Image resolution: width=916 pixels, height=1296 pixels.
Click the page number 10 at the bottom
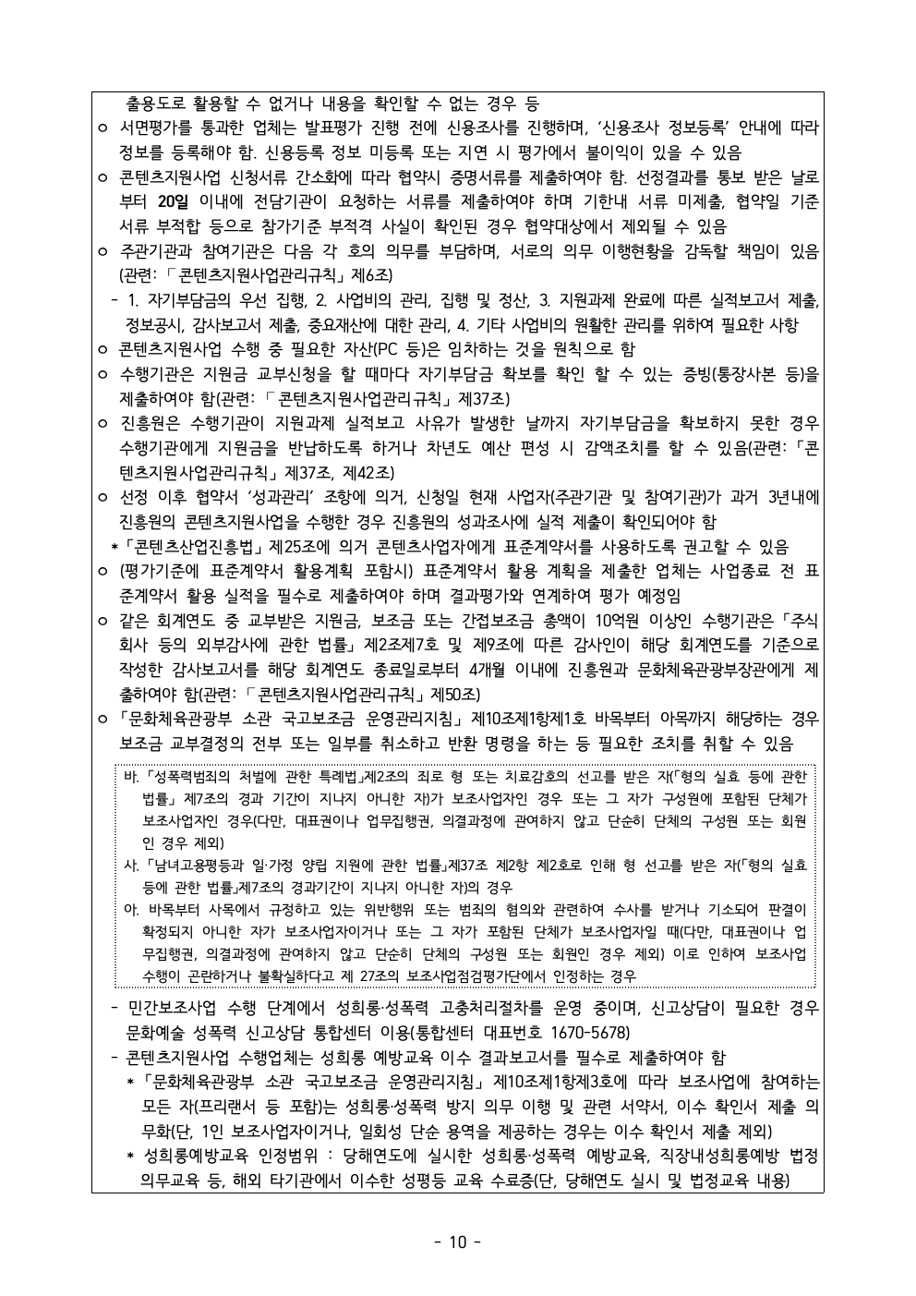coord(457,1241)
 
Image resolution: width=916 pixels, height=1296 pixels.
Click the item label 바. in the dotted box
coord(131,776)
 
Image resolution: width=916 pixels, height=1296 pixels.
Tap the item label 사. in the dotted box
coord(131,866)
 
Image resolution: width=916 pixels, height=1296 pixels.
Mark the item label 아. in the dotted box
coord(131,910)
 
